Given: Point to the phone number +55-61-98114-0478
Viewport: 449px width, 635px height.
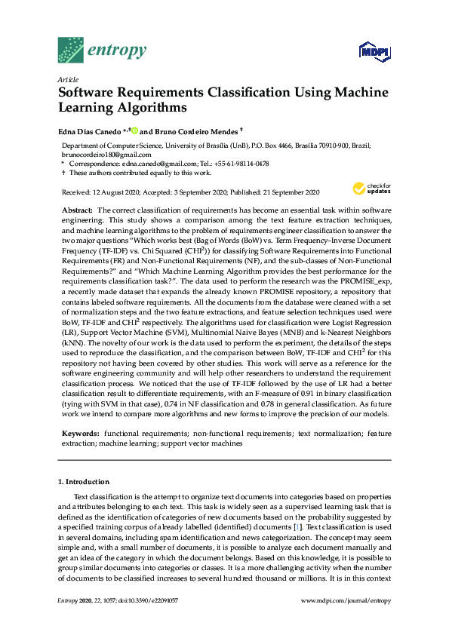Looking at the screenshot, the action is click(x=242, y=163).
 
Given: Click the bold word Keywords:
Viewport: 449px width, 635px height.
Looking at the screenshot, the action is click(x=79, y=435).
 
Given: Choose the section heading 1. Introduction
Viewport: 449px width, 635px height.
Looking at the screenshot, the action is click(x=84, y=481).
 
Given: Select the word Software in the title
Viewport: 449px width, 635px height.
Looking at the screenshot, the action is click(x=89, y=94).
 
